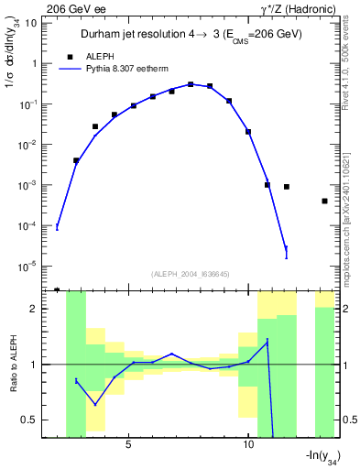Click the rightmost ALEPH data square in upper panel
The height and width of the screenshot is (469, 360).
[x=325, y=201]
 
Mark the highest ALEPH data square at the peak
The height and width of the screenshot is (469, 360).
[x=191, y=84]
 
